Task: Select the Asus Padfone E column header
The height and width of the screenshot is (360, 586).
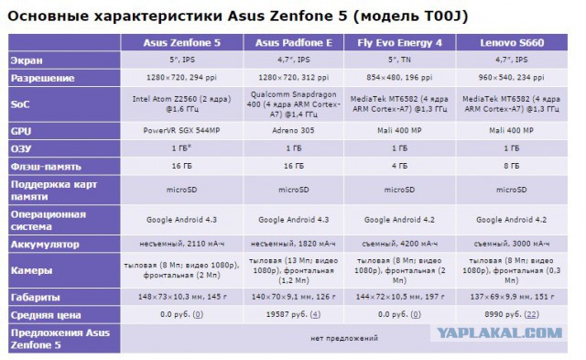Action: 293,43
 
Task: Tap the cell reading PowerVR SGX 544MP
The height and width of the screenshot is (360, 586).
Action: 183,131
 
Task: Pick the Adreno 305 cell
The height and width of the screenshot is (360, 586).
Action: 293,131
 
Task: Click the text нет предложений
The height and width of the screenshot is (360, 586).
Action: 344,338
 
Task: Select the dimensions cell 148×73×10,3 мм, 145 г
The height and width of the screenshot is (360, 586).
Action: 183,298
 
